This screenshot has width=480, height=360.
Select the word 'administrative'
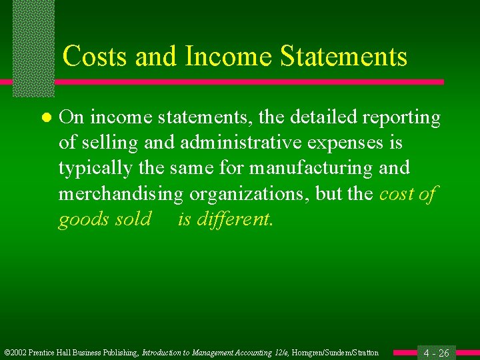[x=233, y=143]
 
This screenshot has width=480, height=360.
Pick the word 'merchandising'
[x=121, y=193]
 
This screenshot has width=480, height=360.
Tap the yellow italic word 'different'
[x=235, y=219]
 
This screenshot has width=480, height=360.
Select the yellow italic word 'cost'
[x=396, y=193]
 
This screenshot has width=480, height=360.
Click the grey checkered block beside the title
[x=33, y=47]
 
